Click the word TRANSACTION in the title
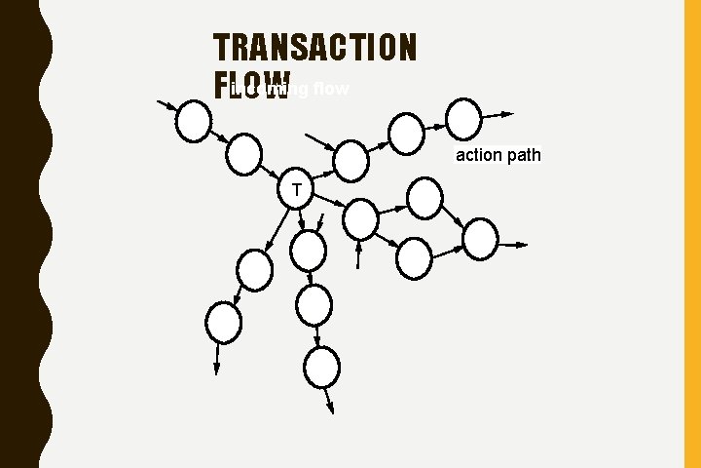coord(314,47)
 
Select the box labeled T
coord(294,189)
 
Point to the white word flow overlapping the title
coord(327,91)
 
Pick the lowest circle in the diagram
coord(321,368)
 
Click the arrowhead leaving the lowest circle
coord(330,409)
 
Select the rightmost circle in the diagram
coord(480,239)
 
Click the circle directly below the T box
coord(310,250)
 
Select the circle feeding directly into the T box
coord(244,152)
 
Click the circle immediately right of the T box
coord(361,218)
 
